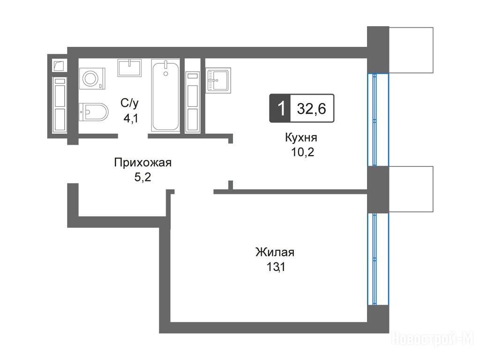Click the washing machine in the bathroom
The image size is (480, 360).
click(92, 78)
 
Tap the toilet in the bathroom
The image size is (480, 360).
click(93, 112)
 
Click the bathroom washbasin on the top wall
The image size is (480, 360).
click(129, 67)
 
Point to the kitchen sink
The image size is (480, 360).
click(218, 80)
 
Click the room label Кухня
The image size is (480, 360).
click(301, 138)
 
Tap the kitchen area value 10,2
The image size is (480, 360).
click(302, 152)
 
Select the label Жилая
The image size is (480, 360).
click(275, 252)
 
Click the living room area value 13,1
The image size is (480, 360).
click(276, 267)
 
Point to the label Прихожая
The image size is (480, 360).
click(142, 163)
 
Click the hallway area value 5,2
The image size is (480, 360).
click(142, 177)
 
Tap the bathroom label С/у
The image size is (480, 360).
click(129, 103)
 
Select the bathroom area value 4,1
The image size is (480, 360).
click(131, 118)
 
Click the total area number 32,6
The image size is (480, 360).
click(311, 109)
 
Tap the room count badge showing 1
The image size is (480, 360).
click(281, 108)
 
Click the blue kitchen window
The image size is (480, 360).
click(378, 120)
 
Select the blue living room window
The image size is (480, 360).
click(378, 259)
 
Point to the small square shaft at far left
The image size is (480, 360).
click(59, 65)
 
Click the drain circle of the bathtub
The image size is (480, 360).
click(166, 74)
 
